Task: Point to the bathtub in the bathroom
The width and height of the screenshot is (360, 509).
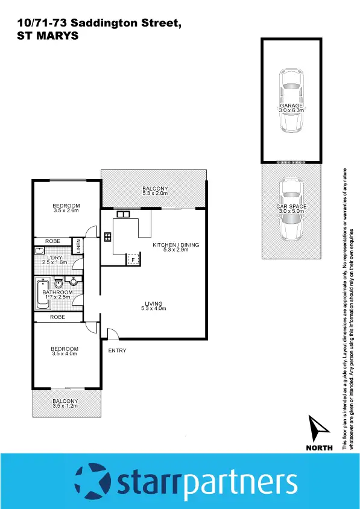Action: click(x=43, y=294)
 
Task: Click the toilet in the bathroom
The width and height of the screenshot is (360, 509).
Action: click(x=59, y=283)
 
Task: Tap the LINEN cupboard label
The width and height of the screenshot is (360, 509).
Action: click(x=78, y=246)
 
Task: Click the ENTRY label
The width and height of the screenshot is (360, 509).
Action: click(x=117, y=350)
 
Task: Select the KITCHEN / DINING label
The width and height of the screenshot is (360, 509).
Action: click(x=175, y=245)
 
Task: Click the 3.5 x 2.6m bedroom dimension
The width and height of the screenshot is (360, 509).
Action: click(x=66, y=210)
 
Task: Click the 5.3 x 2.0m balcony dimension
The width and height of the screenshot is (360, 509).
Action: click(x=154, y=193)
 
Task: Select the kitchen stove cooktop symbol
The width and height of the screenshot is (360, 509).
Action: click(x=108, y=236)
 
